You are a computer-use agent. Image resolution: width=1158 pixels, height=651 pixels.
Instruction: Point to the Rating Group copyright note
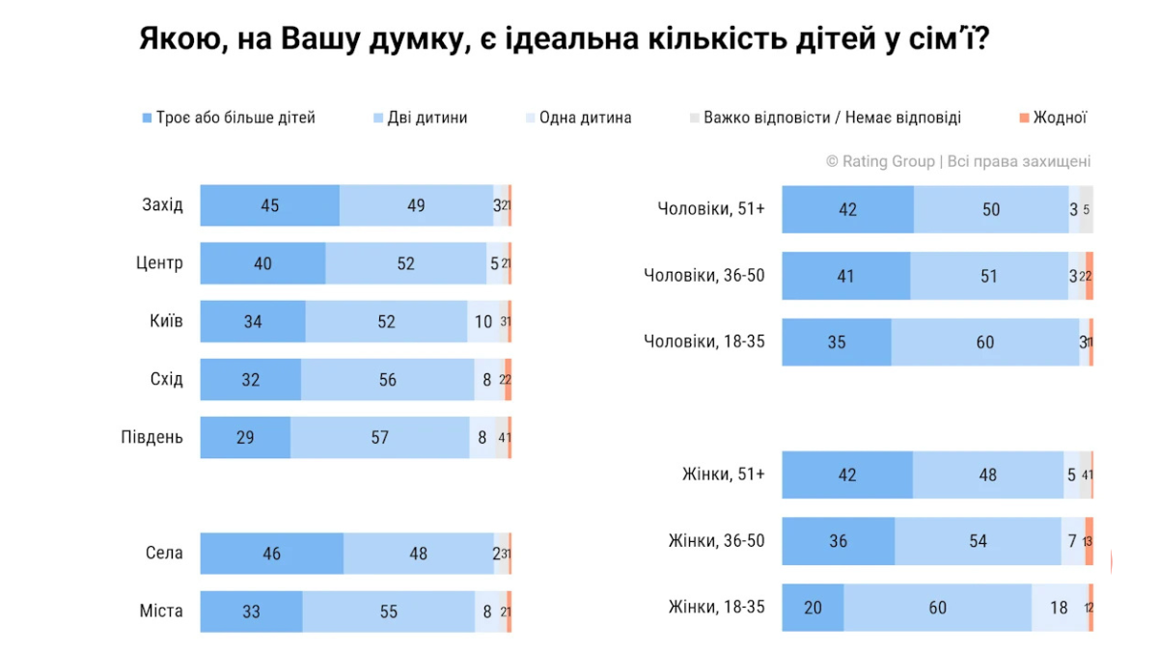(957, 161)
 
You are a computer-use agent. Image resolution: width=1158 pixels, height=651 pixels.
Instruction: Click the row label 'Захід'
(162, 205)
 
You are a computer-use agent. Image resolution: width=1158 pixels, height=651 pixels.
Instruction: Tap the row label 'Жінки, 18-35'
(716, 607)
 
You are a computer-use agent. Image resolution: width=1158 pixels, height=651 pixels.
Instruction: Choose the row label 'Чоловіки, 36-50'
(704, 276)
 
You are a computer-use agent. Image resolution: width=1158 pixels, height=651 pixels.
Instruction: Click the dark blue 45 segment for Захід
(270, 205)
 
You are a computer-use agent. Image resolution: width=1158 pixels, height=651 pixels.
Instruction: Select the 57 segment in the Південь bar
(379, 437)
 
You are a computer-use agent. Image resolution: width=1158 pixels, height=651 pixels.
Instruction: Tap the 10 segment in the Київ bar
(482, 321)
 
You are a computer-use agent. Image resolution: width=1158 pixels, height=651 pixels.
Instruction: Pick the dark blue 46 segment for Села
(271, 554)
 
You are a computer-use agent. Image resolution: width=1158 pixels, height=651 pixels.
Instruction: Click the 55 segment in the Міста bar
(388, 610)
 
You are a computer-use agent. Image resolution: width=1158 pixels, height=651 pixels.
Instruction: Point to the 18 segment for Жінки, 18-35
(1059, 608)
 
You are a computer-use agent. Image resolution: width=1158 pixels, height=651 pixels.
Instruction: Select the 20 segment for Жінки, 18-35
(813, 608)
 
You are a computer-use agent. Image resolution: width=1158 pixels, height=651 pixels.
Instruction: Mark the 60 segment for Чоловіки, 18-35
(984, 341)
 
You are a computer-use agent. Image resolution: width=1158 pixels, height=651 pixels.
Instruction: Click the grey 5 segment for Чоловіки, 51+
(1086, 209)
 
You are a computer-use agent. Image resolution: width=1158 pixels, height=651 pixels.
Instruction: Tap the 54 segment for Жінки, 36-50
(979, 541)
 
